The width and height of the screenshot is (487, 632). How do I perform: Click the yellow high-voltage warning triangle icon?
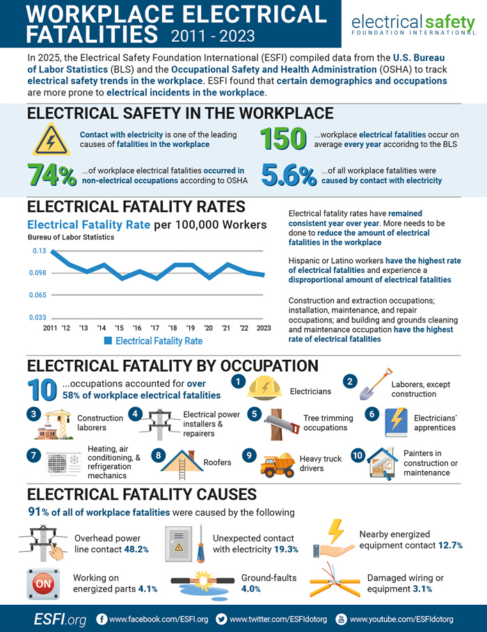click(51, 140)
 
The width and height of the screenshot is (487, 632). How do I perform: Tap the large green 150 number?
click(283, 139)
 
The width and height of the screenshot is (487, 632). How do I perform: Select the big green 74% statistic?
click(52, 175)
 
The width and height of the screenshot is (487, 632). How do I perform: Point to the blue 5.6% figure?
click(289, 175)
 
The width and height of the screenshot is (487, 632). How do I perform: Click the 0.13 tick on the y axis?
click(40, 251)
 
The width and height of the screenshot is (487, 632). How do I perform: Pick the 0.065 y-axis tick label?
click(38, 295)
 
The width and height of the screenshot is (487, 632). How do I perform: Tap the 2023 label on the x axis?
click(264, 328)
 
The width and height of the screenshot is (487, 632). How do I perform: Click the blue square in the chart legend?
click(108, 340)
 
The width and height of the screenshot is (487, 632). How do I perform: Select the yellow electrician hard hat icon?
click(264, 388)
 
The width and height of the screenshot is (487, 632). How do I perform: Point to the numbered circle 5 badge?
click(254, 414)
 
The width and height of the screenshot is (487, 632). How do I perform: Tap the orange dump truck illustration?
click(278, 465)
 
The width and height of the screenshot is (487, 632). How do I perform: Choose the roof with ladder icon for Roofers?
click(182, 464)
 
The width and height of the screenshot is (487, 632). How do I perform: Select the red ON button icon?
click(44, 584)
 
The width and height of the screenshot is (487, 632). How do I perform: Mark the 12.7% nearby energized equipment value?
click(450, 545)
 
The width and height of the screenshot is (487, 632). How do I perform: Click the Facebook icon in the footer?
click(102, 619)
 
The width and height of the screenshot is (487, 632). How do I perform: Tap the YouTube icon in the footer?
click(341, 619)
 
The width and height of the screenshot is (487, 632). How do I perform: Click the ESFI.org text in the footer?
click(60, 619)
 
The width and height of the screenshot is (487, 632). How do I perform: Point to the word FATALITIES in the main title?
click(92, 33)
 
